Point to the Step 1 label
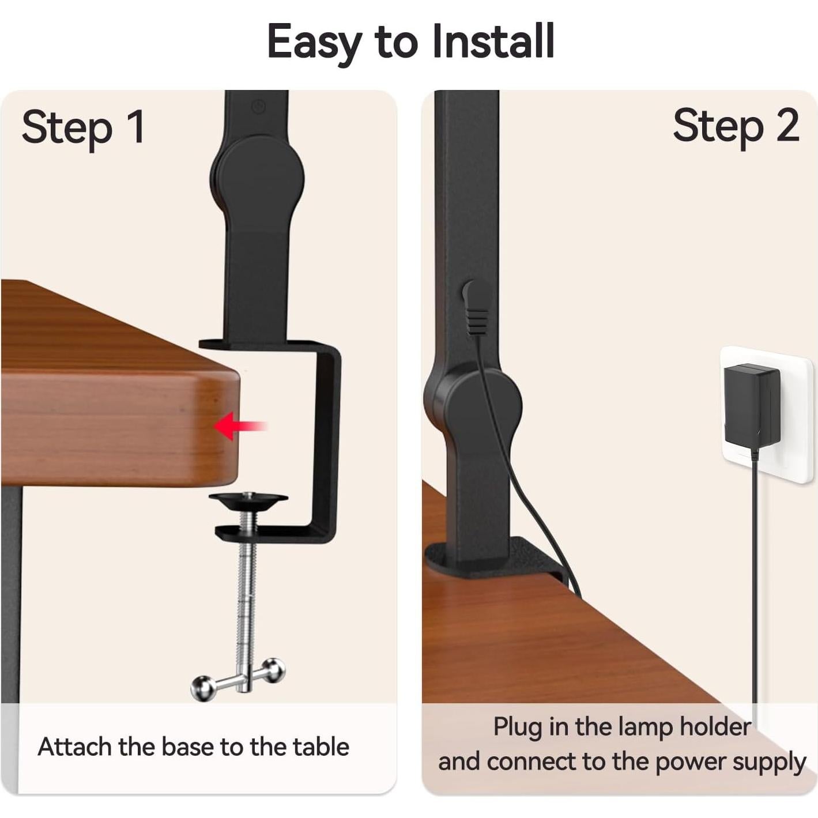tap(83, 127)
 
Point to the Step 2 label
tap(736, 126)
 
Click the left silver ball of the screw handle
tap(202, 687)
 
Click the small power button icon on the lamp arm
tap(259, 106)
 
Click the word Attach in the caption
tap(74, 747)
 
